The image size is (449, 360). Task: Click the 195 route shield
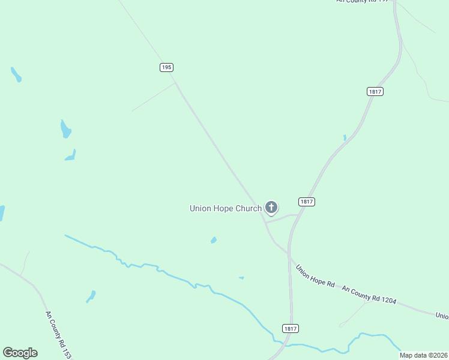tap(167, 67)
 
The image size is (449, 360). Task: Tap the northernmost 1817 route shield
tap(375, 91)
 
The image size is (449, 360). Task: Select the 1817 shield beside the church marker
tap(306, 202)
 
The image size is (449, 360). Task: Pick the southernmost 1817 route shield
tap(290, 328)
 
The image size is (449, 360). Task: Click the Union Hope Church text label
tap(225, 208)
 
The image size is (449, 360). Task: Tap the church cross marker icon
tap(271, 208)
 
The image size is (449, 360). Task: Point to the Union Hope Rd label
tap(315, 275)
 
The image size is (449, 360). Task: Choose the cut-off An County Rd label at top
tap(364, 2)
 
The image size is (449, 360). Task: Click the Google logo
tap(20, 353)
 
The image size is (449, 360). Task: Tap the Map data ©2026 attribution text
tap(423, 355)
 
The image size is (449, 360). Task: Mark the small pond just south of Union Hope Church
tap(214, 241)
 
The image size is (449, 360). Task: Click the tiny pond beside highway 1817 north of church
tap(345, 137)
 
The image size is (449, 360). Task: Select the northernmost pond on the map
tap(16, 75)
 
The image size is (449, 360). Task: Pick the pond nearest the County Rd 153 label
tap(91, 296)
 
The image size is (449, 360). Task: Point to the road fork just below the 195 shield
tap(175, 83)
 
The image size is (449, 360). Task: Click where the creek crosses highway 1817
tap(283, 343)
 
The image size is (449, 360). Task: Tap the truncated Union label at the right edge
tap(442, 316)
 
